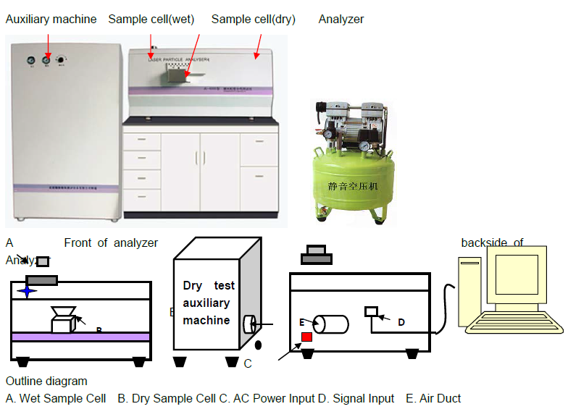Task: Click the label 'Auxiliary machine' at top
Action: [51, 20]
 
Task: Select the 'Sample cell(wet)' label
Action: [151, 20]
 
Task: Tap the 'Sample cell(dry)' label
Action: [253, 20]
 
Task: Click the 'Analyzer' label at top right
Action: [341, 20]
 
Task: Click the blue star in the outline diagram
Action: [28, 291]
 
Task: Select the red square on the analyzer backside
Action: [306, 337]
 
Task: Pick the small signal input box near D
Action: [371, 311]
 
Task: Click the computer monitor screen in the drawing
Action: [516, 274]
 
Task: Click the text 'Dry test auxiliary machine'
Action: [207, 303]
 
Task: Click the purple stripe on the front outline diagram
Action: [80, 337]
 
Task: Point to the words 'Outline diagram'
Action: [46, 381]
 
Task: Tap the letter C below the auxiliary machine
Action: [247, 363]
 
